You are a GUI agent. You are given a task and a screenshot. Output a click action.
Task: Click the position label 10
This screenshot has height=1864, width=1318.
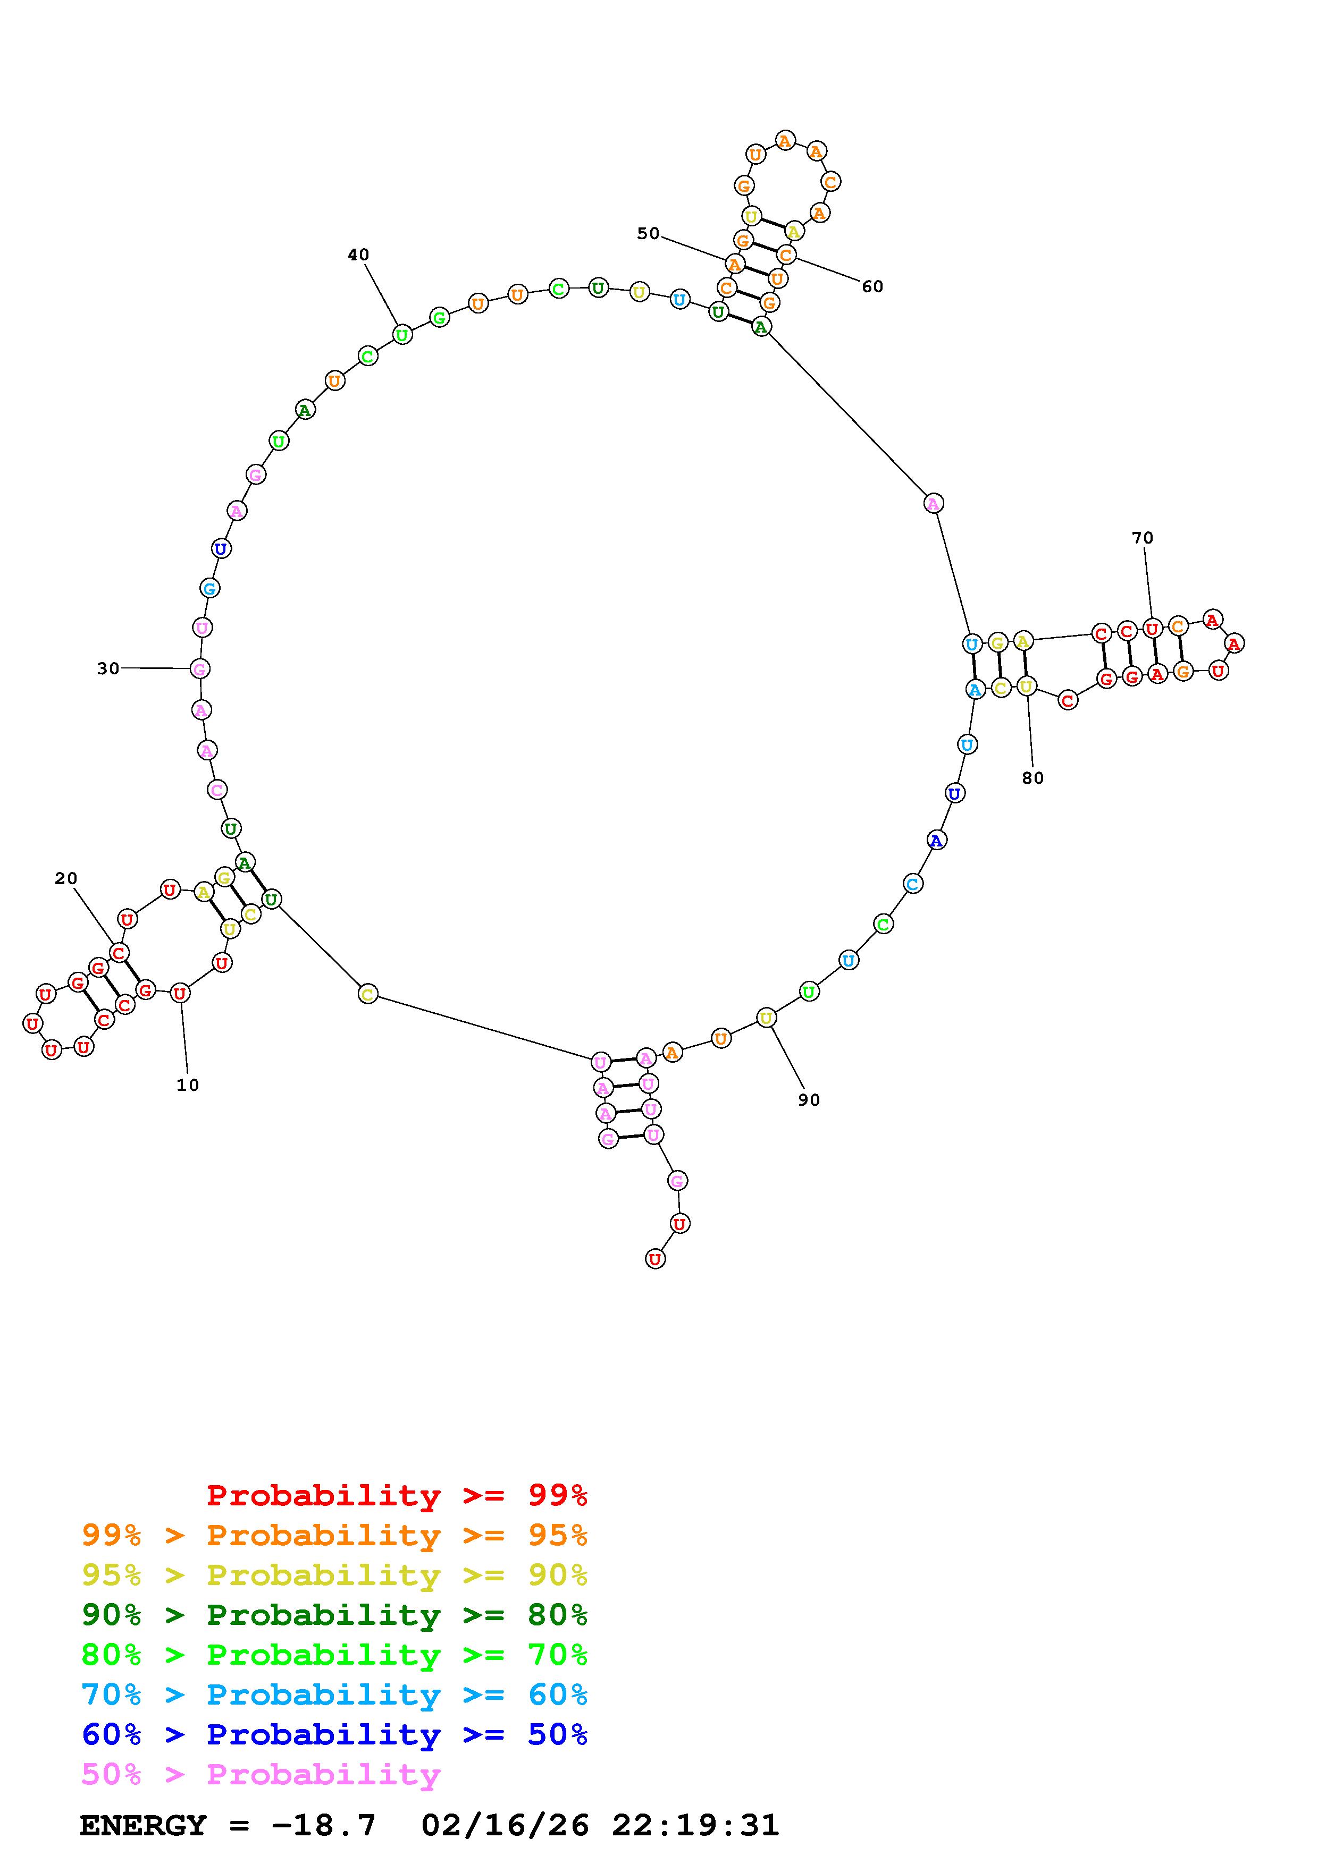(x=188, y=1086)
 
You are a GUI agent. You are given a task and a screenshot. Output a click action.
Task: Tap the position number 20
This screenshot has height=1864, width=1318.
(x=66, y=878)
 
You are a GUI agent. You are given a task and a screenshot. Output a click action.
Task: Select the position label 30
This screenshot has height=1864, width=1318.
(x=108, y=668)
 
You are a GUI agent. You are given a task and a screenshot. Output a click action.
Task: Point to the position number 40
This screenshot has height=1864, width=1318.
(x=358, y=255)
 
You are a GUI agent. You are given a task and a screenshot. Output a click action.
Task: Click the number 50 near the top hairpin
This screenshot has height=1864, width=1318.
(x=648, y=234)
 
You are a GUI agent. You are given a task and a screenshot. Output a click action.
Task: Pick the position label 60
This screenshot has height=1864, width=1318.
(x=872, y=286)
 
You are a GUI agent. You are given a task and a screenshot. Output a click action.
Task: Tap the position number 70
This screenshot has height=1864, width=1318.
(x=1143, y=537)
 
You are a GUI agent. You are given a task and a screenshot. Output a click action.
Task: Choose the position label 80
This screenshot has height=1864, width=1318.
(x=1033, y=778)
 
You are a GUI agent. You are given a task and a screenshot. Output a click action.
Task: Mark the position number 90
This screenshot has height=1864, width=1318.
(x=809, y=1100)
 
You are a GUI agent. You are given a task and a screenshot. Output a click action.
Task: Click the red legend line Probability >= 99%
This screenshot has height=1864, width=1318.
(x=397, y=1495)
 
